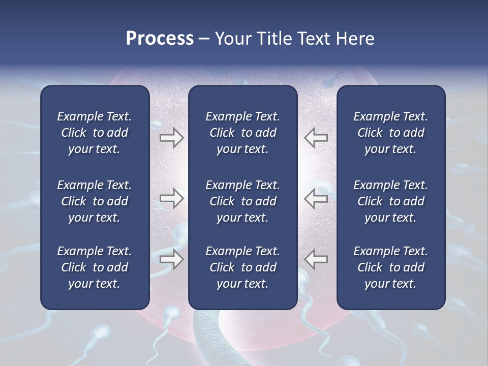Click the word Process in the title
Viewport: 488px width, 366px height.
tap(160, 39)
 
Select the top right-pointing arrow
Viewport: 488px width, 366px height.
tap(172, 138)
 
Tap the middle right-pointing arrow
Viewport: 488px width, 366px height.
tap(172, 198)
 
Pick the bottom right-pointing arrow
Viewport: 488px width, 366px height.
tap(172, 259)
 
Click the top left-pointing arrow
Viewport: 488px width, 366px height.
tap(316, 138)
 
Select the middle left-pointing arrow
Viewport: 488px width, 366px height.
tap(316, 198)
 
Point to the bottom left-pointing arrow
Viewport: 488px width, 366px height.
tap(316, 259)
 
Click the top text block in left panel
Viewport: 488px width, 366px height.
tap(95, 133)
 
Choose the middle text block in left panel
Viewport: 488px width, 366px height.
tap(95, 201)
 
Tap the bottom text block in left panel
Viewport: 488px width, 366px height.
tap(95, 267)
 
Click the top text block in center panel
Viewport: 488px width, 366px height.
tap(242, 133)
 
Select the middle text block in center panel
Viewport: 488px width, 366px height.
tap(242, 201)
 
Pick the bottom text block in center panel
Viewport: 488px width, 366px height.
tap(242, 267)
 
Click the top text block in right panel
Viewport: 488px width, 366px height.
tap(390, 133)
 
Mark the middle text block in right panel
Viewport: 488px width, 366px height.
tap(390, 201)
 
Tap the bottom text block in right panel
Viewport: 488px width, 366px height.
tap(390, 267)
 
